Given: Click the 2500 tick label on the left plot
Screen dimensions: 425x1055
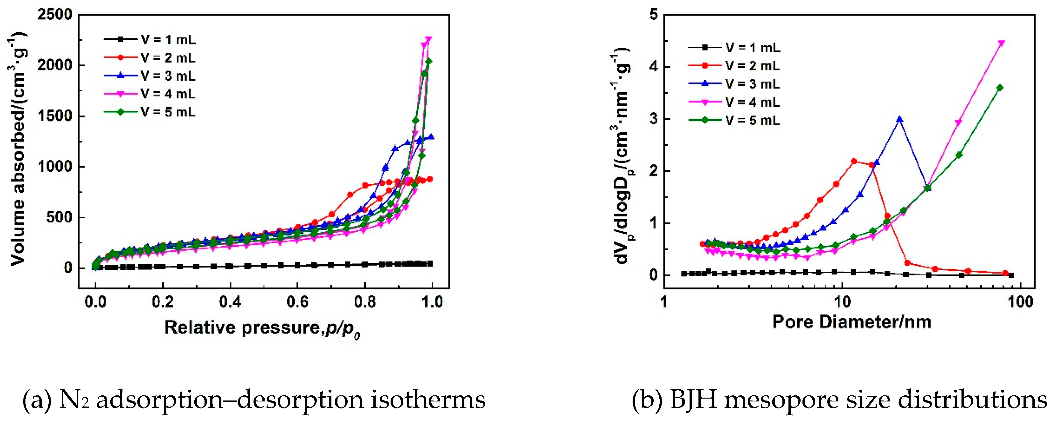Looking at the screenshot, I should [54, 15].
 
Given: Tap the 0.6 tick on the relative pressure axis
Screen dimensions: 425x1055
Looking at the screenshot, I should [297, 302].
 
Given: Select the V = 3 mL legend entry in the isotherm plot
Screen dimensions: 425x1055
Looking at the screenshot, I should [168, 76].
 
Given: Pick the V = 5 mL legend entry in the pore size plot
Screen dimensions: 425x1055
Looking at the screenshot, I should [752, 120].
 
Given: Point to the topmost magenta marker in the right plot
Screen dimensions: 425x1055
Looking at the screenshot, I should [1002, 43].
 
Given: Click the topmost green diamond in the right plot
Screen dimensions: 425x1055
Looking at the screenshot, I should [1000, 88].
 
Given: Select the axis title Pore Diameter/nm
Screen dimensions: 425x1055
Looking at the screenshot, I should [851, 322].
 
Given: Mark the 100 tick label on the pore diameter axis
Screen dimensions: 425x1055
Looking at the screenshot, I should [1019, 302].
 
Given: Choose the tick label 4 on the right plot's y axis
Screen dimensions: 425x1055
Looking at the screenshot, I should [653, 67].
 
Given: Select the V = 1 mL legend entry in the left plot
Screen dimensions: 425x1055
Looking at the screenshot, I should [168, 40].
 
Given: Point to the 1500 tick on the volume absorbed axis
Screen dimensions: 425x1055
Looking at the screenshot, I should [54, 116].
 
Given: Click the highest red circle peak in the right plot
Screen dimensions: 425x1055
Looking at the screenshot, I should [854, 161].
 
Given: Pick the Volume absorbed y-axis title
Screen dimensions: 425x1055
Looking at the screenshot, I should [17, 150].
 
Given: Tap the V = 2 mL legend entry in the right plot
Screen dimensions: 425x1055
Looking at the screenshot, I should [752, 66].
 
